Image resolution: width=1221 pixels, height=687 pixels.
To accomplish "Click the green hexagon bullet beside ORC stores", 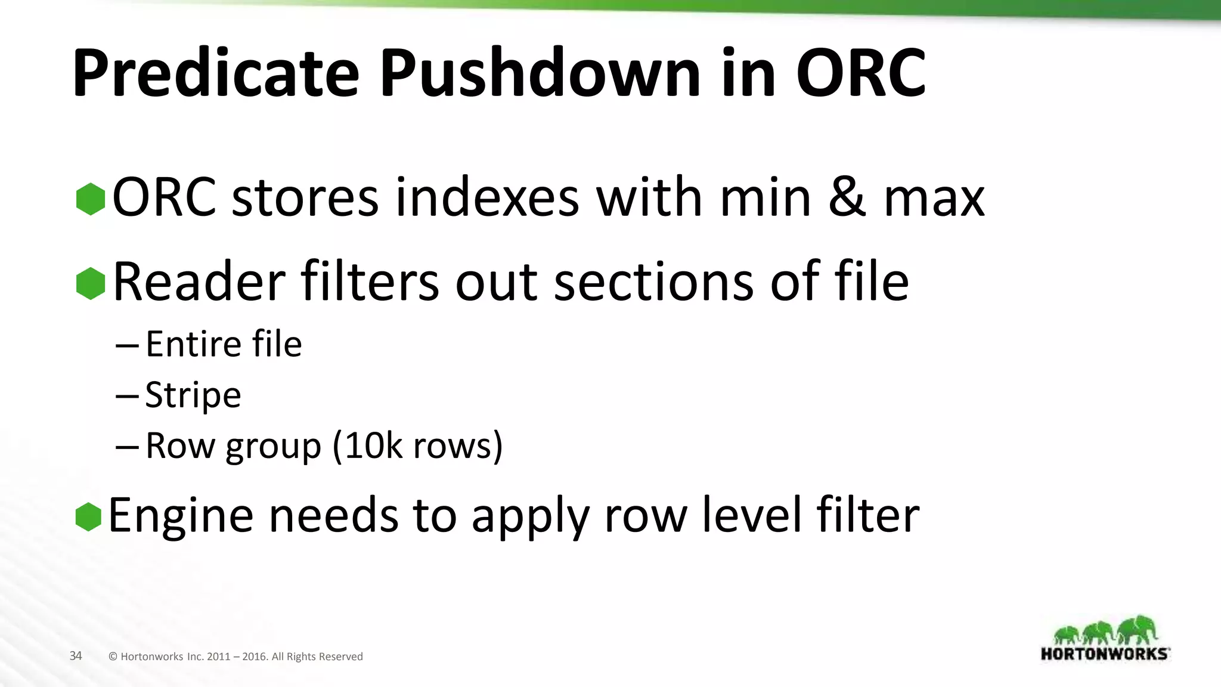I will tap(91, 199).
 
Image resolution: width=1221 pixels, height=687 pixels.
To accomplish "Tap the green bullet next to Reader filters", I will tap(91, 283).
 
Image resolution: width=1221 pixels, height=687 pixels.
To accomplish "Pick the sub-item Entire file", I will tap(224, 344).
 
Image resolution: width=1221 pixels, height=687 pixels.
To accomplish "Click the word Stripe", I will tap(193, 395).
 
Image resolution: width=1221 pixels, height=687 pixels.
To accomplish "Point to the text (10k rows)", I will tap(417, 445).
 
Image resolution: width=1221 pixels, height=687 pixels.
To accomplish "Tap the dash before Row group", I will tap(127, 447).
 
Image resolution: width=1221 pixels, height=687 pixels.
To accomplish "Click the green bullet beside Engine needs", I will tap(89, 516).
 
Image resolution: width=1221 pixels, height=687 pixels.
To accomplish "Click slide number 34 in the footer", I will tap(76, 656).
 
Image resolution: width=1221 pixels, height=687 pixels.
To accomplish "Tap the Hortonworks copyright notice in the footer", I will tap(235, 657).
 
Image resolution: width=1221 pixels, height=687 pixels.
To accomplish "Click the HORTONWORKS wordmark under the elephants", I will tap(1105, 654).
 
